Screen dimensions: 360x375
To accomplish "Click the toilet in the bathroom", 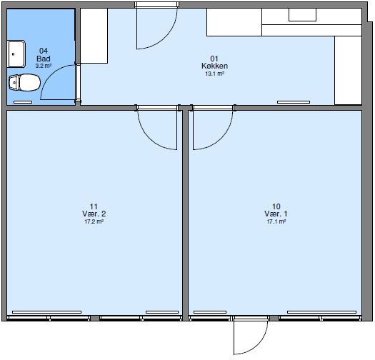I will pyautogui.click(x=24, y=83).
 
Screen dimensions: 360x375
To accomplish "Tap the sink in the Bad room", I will pyautogui.click(x=15, y=52).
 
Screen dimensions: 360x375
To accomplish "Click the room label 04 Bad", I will pyautogui.click(x=43, y=55).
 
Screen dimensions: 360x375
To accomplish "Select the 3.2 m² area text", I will pyautogui.click(x=44, y=66).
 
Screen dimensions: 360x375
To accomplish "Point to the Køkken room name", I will pyautogui.click(x=214, y=66).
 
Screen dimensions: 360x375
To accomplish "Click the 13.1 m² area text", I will pyautogui.click(x=214, y=74).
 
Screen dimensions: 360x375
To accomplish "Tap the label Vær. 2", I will pyautogui.click(x=95, y=214).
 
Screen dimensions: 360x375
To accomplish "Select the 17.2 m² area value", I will pyautogui.click(x=95, y=222).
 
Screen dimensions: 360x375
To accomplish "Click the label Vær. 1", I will pyautogui.click(x=276, y=214).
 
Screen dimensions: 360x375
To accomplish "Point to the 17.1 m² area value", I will pyautogui.click(x=276, y=222).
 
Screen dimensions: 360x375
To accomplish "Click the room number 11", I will pyautogui.click(x=95, y=206).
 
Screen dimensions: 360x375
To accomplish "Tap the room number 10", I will pyautogui.click(x=276, y=206).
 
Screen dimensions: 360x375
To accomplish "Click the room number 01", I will pyautogui.click(x=214, y=58).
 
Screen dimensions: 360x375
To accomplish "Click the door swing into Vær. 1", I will pyautogui.click(x=211, y=129).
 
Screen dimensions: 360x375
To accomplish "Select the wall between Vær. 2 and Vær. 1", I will pyautogui.click(x=186, y=214).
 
